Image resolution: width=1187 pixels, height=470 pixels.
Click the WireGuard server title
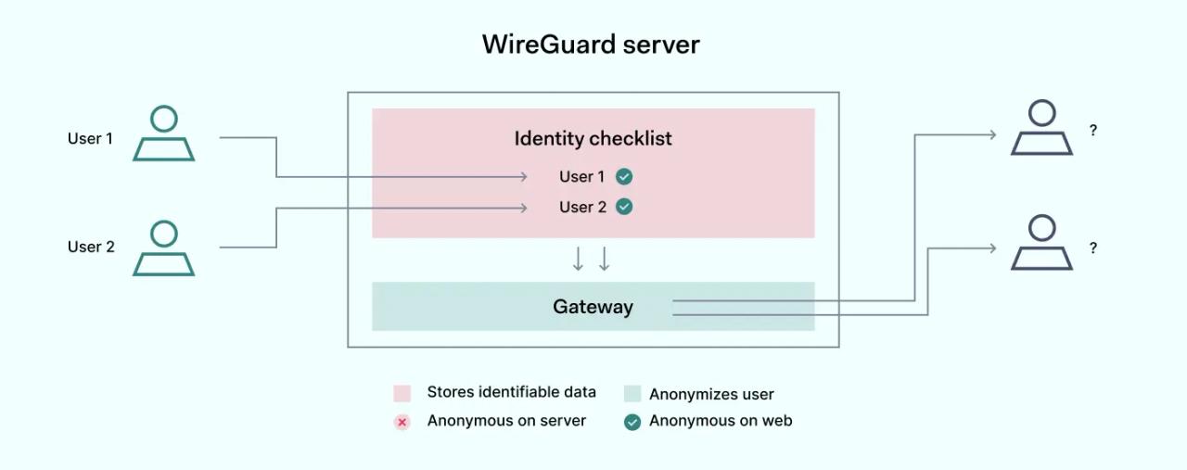click(591, 44)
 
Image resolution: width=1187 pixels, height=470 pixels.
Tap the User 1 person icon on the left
click(164, 134)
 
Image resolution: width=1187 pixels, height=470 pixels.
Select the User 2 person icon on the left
click(164, 248)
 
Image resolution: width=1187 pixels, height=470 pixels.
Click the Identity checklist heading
click(593, 138)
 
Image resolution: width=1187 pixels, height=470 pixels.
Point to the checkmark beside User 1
click(624, 176)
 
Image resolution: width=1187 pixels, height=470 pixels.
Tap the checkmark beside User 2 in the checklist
click(624, 207)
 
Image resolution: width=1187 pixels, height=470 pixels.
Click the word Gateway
click(593, 307)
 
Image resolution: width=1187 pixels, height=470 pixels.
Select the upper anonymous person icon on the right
click(1041, 128)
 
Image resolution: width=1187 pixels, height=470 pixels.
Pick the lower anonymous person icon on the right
click(1041, 243)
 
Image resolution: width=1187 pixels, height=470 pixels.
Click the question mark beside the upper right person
click(1093, 131)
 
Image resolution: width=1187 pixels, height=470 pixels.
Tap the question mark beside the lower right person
click(1093, 248)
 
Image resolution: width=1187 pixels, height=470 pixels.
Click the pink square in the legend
click(402, 393)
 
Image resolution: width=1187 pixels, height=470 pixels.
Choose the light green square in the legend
click(632, 393)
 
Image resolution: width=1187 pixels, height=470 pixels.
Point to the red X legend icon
click(402, 422)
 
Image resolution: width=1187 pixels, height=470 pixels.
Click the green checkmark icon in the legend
click(632, 422)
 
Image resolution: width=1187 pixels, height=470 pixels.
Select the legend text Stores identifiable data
click(511, 392)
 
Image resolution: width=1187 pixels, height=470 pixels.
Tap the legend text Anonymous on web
click(721, 421)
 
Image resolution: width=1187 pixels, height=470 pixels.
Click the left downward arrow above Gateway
click(578, 260)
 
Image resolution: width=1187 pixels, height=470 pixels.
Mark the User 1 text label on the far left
click(90, 138)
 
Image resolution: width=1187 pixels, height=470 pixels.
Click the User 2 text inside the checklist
click(582, 207)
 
